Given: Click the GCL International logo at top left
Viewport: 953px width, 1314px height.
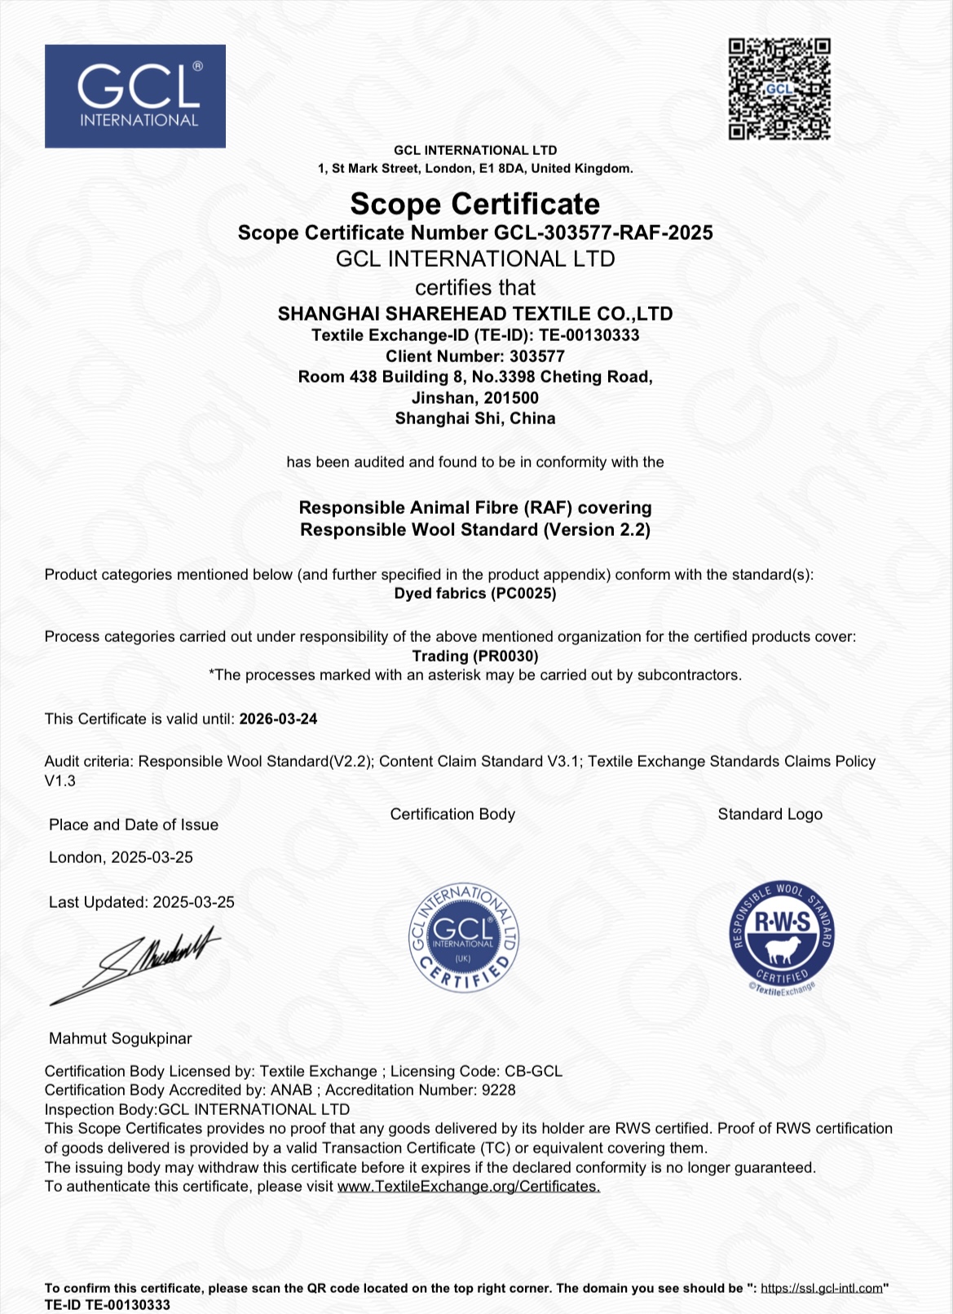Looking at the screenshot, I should click(x=135, y=96).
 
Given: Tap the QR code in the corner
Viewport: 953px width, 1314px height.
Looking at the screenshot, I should click(x=779, y=89).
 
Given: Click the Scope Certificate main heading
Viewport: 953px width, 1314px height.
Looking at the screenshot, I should click(x=474, y=204).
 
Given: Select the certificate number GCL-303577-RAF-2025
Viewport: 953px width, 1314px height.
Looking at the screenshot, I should click(x=603, y=233).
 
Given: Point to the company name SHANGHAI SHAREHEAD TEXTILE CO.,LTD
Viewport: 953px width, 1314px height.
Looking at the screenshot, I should click(x=474, y=314).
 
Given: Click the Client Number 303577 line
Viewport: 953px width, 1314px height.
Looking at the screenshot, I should click(x=474, y=356).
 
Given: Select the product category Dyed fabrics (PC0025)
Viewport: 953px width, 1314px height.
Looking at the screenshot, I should click(x=474, y=594).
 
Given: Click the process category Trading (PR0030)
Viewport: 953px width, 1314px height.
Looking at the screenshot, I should click(x=474, y=656).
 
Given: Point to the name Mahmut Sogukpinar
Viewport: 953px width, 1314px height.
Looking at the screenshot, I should click(x=121, y=1038).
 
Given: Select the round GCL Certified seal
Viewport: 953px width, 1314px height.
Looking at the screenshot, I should click(x=463, y=938).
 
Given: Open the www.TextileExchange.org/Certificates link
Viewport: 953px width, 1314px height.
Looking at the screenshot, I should click(x=469, y=1187).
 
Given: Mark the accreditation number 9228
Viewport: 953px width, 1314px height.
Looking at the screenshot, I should click(x=498, y=1091).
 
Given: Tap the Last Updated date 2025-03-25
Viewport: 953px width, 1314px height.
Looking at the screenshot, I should click(x=194, y=903).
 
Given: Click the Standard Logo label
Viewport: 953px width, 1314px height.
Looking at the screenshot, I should click(x=770, y=815).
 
